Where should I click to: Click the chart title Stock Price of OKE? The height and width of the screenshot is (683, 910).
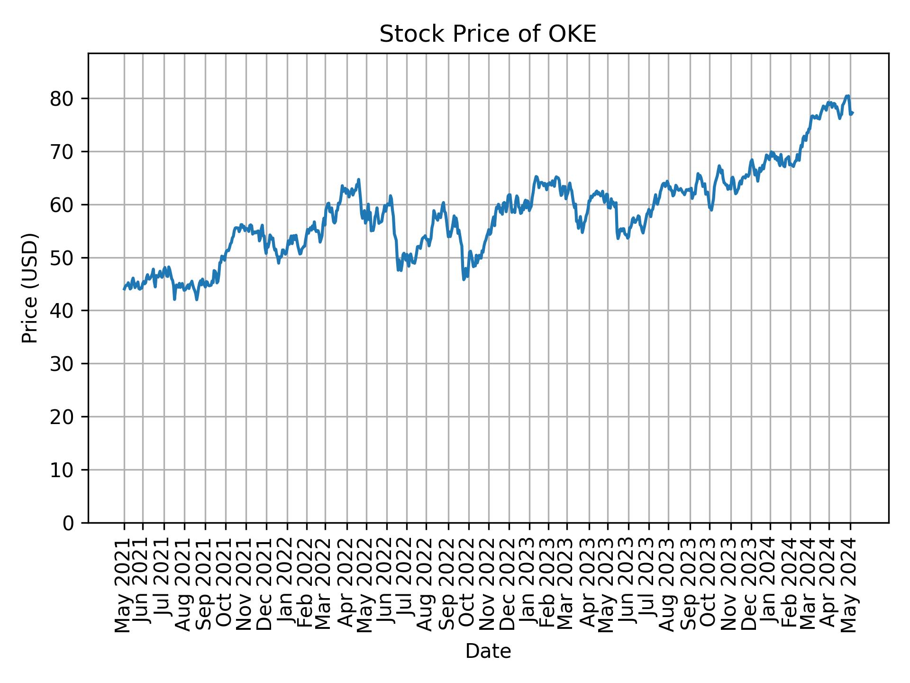488,35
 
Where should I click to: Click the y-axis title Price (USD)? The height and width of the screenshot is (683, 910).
30,288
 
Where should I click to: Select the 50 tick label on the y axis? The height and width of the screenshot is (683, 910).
62,258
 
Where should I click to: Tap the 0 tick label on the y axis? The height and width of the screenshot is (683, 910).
69,523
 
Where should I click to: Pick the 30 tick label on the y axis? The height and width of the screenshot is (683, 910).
62,364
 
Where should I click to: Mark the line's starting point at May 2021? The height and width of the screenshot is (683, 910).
124,289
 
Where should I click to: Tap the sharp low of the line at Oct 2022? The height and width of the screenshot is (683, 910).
464,279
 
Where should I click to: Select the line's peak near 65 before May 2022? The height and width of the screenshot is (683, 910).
359,179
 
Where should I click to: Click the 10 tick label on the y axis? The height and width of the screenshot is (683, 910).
62,470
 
